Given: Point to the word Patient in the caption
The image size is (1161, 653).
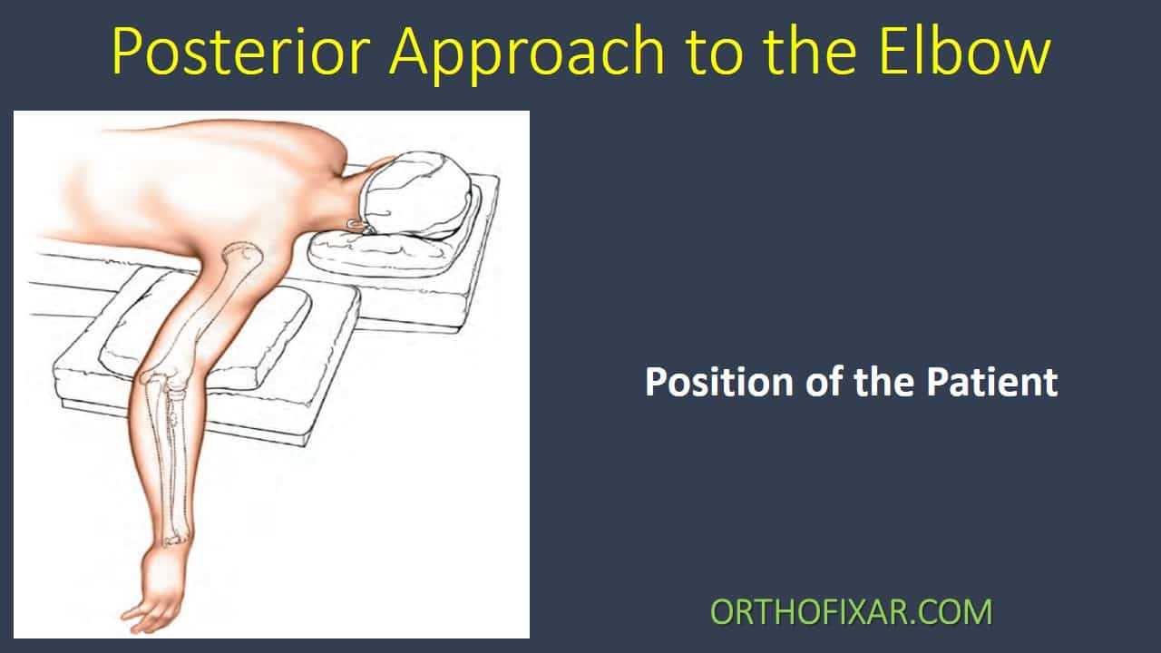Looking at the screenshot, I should pyautogui.click(x=992, y=382).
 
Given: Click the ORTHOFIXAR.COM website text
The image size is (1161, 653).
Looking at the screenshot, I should pyautogui.click(x=851, y=612).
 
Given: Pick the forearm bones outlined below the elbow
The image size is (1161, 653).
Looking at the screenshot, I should pyautogui.click(x=169, y=463).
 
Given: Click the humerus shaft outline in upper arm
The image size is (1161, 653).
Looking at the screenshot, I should pyautogui.click(x=204, y=317).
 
